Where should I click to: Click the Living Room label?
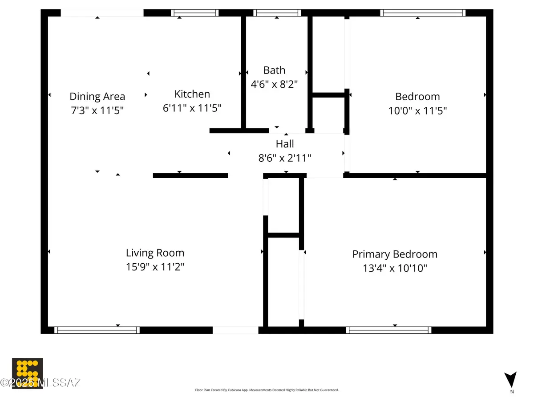pyautogui.click(x=155, y=253)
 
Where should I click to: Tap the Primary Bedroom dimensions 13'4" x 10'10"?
pyautogui.click(x=395, y=268)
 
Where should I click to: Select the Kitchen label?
pyautogui.click(x=192, y=94)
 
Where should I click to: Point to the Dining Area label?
pyautogui.click(x=97, y=96)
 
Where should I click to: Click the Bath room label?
pyautogui.click(x=274, y=70)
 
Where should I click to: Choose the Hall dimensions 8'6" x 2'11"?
pyautogui.click(x=285, y=158)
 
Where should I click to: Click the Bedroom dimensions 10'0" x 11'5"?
pyautogui.click(x=417, y=110)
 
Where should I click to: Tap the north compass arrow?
pyautogui.click(x=511, y=380)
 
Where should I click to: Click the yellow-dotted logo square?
pyautogui.click(x=27, y=373)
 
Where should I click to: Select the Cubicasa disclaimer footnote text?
pyautogui.click(x=267, y=390)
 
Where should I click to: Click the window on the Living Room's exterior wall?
pyautogui.click(x=97, y=330)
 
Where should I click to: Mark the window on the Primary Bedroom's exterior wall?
pyautogui.click(x=388, y=330)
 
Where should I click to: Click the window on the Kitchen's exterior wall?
pyautogui.click(x=194, y=13)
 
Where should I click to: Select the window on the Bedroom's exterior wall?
pyautogui.click(x=423, y=13)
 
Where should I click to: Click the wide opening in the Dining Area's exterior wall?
pyautogui.click(x=102, y=13)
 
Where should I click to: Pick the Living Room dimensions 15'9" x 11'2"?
pyautogui.click(x=155, y=267)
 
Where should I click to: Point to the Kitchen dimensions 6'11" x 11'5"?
pyautogui.click(x=192, y=108)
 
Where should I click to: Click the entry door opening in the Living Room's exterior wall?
pyautogui.click(x=235, y=330)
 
